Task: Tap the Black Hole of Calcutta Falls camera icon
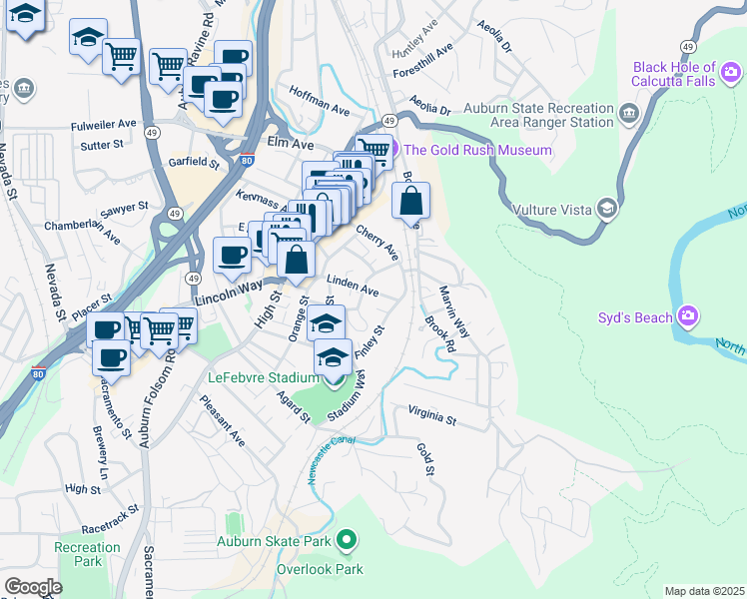(x=730, y=72)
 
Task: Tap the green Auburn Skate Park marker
(x=347, y=542)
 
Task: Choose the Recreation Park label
(x=88, y=554)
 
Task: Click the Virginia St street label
(x=430, y=415)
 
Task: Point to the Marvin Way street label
(x=454, y=309)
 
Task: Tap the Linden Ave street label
(x=353, y=287)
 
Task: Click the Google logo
(x=33, y=586)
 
